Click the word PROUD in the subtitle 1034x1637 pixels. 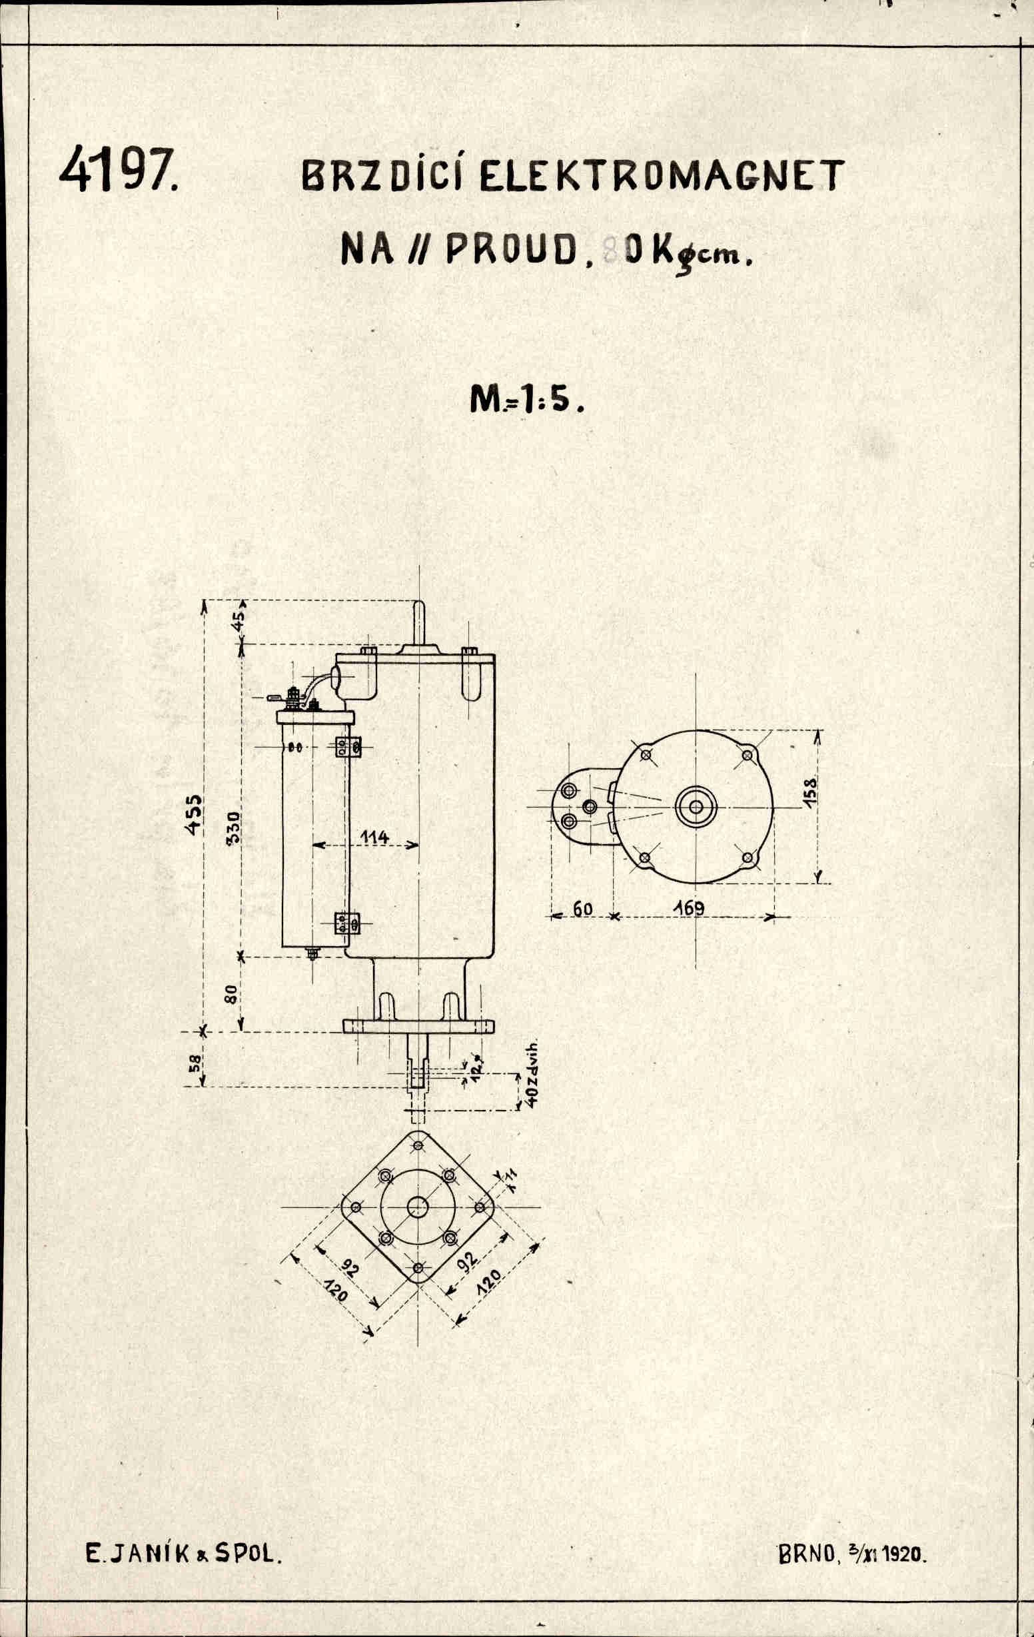coord(507,251)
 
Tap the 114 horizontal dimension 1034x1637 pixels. coord(374,837)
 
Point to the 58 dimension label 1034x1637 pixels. coord(194,1063)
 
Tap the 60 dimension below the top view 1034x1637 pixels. coord(582,909)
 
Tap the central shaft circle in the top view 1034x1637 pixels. coord(696,807)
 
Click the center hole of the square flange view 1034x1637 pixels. coord(418,1207)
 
